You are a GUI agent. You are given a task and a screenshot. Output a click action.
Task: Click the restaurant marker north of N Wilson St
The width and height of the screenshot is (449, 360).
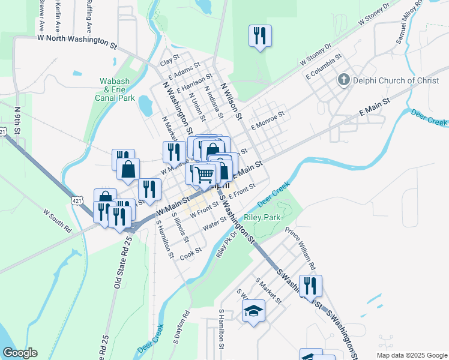pos(260,35)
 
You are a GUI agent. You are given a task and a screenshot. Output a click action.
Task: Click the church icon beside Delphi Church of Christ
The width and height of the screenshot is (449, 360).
pos(344,80)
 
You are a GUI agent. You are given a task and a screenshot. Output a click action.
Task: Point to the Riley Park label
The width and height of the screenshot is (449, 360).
pos(259,217)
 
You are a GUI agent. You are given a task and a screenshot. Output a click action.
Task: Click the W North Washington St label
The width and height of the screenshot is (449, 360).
pos(77,41)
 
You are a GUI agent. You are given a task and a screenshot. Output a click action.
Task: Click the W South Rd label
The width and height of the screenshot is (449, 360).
pos(58,221)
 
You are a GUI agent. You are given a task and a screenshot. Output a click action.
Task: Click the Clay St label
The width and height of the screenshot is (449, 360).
pos(170,62)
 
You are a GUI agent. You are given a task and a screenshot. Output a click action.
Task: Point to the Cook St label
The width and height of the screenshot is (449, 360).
pos(190,255)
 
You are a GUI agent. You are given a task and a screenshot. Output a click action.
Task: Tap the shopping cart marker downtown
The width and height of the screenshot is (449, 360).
pos(205,173)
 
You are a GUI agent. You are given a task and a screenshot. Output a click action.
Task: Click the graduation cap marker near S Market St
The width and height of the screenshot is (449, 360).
pos(253,310)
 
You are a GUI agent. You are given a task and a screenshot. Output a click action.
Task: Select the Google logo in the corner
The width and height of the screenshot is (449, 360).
pos(20,353)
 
